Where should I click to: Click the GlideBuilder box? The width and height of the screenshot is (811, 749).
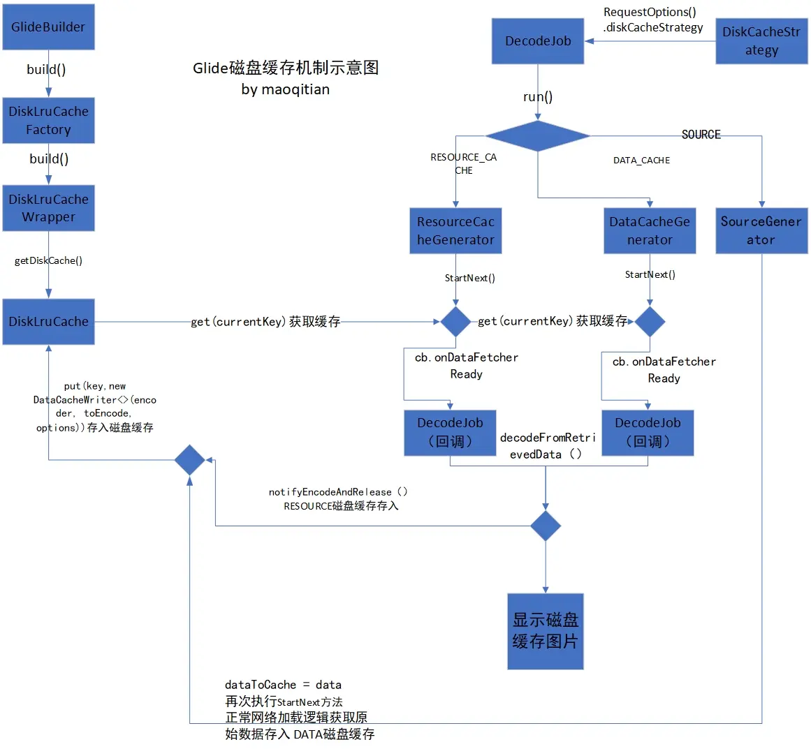click(x=48, y=27)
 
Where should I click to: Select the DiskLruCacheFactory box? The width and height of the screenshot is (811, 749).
click(x=48, y=121)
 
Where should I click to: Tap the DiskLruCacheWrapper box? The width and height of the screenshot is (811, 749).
click(x=48, y=208)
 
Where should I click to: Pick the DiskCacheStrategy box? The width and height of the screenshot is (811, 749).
click(x=761, y=41)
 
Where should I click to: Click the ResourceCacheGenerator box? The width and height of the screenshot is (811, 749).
click(x=455, y=231)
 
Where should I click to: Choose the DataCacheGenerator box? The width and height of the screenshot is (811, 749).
click(x=650, y=231)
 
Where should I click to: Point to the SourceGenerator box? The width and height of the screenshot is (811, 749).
click(x=761, y=231)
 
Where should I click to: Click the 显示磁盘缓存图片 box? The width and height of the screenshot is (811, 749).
click(x=546, y=631)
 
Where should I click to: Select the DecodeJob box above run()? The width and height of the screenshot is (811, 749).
click(x=538, y=41)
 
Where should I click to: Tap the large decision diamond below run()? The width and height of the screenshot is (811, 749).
click(x=538, y=135)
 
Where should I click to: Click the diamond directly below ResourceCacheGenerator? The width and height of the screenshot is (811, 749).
click(x=455, y=322)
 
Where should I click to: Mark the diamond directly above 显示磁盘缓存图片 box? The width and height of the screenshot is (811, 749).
click(x=546, y=526)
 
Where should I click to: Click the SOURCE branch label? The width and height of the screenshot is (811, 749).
click(x=701, y=135)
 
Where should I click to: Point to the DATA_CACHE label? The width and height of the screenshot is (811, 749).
click(x=641, y=161)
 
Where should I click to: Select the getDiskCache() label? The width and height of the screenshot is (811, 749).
click(x=48, y=260)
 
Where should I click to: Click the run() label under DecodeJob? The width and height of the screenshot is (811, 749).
click(x=538, y=97)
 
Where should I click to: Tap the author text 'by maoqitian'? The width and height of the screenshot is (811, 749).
click(x=286, y=89)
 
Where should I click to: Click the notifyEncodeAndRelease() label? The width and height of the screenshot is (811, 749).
click(x=338, y=492)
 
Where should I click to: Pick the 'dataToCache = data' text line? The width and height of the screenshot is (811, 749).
click(x=283, y=685)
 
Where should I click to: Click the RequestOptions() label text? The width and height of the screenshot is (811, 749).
click(x=650, y=12)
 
